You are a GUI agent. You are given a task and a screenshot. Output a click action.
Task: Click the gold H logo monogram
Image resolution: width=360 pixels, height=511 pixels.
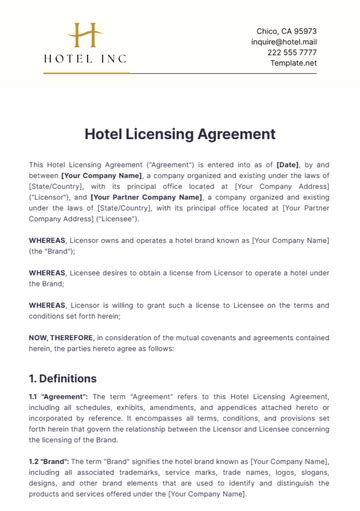84,36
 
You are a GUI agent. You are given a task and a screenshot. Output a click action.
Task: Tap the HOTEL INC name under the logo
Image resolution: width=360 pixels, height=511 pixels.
85,59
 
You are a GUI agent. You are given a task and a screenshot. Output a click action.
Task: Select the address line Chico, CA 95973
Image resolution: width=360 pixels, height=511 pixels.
287,31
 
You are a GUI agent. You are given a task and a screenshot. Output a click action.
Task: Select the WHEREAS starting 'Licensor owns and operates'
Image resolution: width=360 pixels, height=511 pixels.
47,239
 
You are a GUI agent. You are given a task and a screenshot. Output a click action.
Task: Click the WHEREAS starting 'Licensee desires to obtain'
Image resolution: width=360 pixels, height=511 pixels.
47,272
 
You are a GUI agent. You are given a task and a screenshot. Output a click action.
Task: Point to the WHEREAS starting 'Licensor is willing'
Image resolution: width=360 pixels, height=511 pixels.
47,304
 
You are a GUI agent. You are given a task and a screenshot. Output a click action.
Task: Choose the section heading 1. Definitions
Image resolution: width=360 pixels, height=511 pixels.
63,379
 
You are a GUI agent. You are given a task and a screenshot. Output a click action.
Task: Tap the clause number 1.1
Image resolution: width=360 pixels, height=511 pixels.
35,398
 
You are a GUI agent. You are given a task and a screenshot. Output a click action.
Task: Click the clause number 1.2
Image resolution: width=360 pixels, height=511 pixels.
35,463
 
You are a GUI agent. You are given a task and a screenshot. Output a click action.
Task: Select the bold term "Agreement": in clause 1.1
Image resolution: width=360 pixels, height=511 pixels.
67,398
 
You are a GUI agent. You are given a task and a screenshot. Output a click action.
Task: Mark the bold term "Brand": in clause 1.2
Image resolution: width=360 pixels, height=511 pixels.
59,463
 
